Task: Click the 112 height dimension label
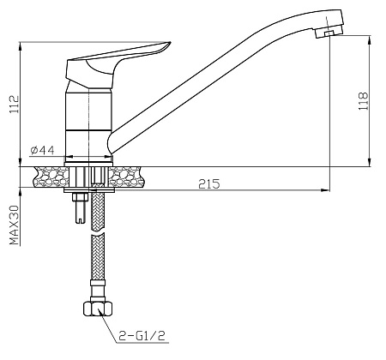coord(15,104)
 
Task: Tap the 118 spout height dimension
coord(363,101)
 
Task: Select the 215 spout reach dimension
coord(209,183)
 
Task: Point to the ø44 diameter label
coord(42,150)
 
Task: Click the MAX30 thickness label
coord(15,225)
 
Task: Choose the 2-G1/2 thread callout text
coord(142,336)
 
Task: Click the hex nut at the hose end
coord(97,309)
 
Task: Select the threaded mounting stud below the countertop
coord(79,207)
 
